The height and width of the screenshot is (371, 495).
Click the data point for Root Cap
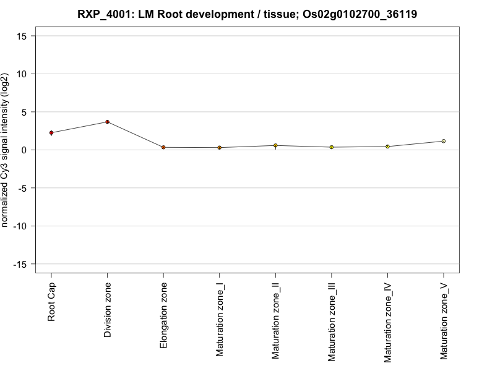click(51, 132)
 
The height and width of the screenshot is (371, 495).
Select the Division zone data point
click(107, 122)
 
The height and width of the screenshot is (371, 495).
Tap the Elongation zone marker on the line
click(163, 147)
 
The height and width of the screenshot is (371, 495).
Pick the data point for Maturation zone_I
click(219, 148)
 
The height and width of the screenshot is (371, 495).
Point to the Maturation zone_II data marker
click(275, 145)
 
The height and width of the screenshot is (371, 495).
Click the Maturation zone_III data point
click(331, 147)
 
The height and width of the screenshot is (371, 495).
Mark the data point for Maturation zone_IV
click(387, 147)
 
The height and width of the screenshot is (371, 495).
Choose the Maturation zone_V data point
click(443, 141)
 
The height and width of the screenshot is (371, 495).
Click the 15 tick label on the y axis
click(22, 36)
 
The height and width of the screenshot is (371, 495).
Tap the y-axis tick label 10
click(22, 74)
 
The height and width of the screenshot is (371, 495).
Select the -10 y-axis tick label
click(20, 226)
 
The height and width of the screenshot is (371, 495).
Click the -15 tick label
click(20, 264)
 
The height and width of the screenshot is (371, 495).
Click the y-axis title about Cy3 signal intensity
click(6, 150)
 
